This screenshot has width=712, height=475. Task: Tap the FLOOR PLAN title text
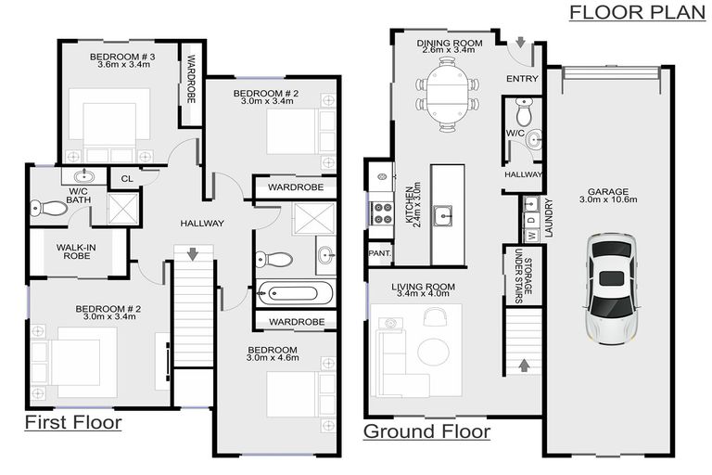click(632, 12)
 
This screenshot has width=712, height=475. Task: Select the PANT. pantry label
click(378, 252)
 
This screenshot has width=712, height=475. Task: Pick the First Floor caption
click(72, 423)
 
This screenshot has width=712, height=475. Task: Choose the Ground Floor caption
click(426, 431)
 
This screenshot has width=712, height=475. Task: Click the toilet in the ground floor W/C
click(524, 113)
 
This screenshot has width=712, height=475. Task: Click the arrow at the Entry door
click(521, 44)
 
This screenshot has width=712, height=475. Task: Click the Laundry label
click(548, 219)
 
